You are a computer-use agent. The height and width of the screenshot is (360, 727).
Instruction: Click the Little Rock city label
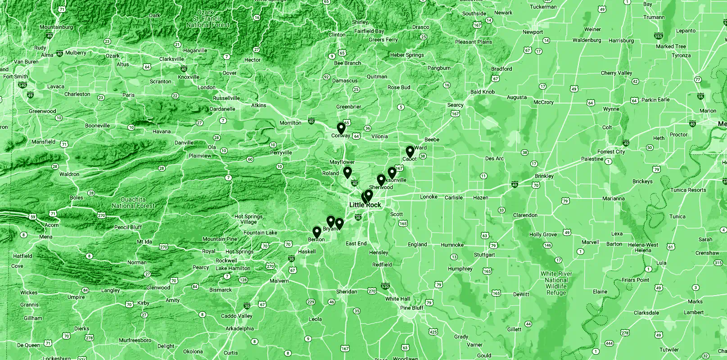(365, 205)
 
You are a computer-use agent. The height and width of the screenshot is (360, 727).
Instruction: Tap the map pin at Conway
(341, 129)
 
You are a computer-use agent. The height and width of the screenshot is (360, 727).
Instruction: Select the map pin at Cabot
(410, 152)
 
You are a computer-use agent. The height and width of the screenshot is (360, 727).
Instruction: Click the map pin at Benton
(317, 232)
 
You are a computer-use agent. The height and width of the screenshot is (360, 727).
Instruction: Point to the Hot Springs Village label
(248, 219)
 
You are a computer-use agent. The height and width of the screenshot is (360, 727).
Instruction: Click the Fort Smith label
(16, 76)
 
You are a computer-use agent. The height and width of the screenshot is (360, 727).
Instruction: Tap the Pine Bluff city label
(412, 308)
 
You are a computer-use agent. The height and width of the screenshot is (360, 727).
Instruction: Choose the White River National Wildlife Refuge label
(556, 283)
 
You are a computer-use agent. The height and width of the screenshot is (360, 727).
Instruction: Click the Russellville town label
(226, 98)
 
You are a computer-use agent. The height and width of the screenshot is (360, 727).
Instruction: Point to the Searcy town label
(455, 105)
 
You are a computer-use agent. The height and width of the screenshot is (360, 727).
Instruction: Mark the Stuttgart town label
(484, 255)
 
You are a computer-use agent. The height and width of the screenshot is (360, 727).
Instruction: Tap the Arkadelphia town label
(240, 328)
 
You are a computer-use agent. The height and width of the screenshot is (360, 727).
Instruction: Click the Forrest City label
(611, 152)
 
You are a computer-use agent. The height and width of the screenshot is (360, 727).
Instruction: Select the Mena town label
(45, 237)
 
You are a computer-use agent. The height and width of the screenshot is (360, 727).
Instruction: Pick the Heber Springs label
(407, 55)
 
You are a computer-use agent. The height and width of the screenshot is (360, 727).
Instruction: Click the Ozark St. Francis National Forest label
(208, 19)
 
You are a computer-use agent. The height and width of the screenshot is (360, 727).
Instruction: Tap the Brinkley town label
(544, 176)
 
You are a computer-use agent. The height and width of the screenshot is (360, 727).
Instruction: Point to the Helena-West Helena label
(643, 247)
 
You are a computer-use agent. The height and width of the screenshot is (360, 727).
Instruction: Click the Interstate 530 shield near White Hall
(385, 286)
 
